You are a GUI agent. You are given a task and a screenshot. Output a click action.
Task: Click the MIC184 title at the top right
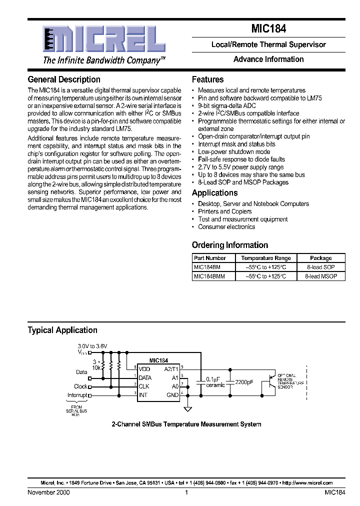(x=268, y=29)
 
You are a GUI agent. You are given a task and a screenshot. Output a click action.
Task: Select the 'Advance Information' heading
(x=268, y=59)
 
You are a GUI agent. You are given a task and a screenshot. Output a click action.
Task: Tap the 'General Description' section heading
(x=64, y=79)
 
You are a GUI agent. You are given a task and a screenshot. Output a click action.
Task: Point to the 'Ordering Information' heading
(x=230, y=245)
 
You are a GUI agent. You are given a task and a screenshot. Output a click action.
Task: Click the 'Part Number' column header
(x=210, y=258)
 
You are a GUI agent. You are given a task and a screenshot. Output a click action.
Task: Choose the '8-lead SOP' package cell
(x=321, y=267)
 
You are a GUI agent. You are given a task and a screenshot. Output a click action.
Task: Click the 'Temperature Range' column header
(x=265, y=258)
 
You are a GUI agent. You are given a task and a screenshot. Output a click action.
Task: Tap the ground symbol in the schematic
(x=188, y=409)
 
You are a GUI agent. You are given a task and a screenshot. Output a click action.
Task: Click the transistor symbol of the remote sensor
(x=271, y=380)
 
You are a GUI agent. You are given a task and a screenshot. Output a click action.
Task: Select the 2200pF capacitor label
(x=243, y=382)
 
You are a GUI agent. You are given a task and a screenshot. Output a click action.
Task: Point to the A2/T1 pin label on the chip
(x=171, y=369)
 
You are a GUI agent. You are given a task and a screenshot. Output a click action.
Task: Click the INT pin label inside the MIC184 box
(x=143, y=395)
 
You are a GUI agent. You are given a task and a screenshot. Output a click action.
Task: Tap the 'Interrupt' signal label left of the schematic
(x=77, y=395)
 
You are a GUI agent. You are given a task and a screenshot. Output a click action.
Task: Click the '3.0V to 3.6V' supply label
(x=92, y=345)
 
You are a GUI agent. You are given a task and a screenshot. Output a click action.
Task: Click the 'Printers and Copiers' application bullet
(x=224, y=211)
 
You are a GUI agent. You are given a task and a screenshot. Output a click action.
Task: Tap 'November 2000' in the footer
(x=48, y=492)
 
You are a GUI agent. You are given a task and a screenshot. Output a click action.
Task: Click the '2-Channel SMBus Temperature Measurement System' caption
(x=186, y=424)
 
